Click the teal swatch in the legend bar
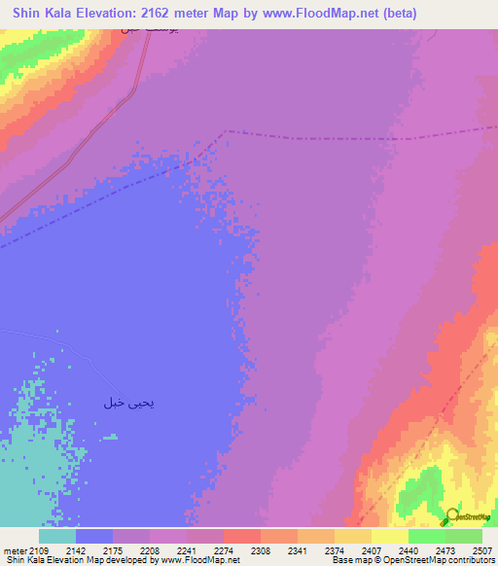click(57, 536)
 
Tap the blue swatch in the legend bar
click(94, 536)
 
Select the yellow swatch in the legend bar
click(390, 536)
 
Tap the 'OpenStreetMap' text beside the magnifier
click(475, 517)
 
